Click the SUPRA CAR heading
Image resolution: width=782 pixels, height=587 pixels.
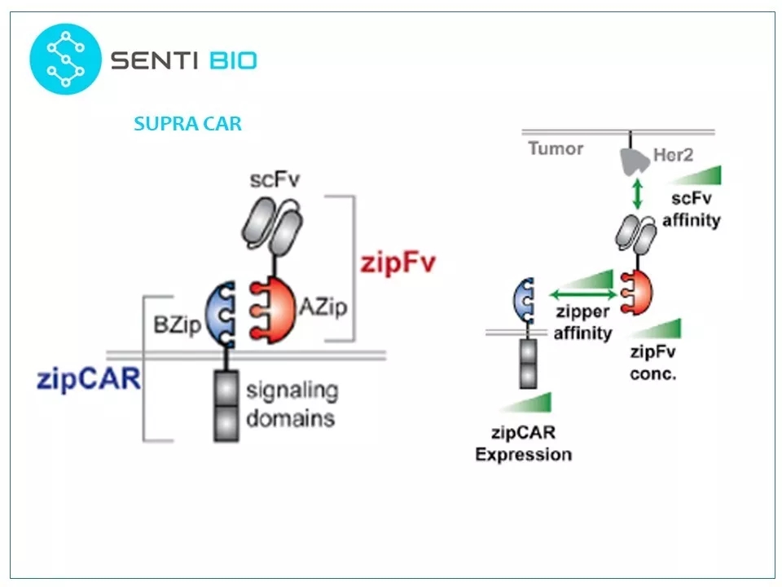pyautogui.click(x=187, y=124)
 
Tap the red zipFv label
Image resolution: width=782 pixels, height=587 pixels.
pyautogui.click(x=398, y=263)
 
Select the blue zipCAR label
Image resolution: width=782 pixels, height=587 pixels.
pyautogui.click(x=89, y=380)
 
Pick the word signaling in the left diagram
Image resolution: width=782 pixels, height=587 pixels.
pyautogui.click(x=291, y=390)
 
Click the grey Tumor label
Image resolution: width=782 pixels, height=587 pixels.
pyautogui.click(x=556, y=148)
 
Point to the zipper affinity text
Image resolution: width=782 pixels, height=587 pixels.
pyautogui.click(x=582, y=323)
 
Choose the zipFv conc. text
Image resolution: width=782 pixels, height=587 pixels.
pyautogui.click(x=653, y=364)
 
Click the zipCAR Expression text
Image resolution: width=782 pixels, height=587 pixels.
pyautogui.click(x=523, y=445)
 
